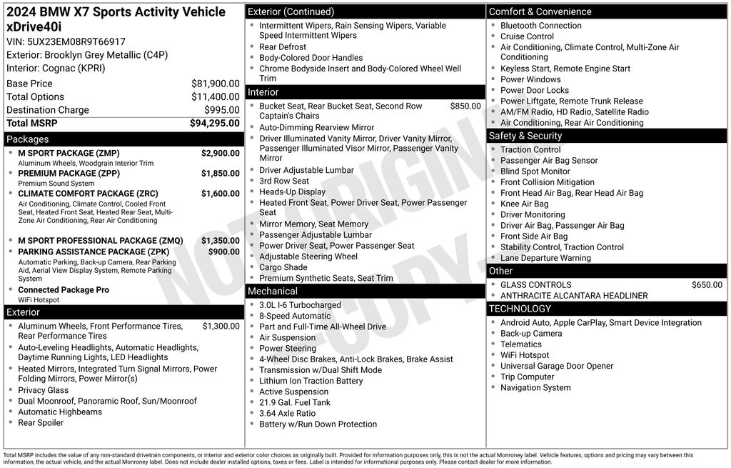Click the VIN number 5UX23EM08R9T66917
tap(75, 41)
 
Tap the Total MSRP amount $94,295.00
tap(214, 123)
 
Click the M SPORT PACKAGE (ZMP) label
tap(69, 153)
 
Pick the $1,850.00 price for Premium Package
tap(220, 174)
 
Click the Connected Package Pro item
tap(64, 290)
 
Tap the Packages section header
tap(27, 139)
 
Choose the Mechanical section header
tap(272, 291)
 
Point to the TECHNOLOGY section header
tap(520, 309)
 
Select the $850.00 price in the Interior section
tap(465, 106)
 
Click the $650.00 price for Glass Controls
tap(707, 285)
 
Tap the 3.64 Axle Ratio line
tap(287, 413)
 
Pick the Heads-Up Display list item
tap(292, 191)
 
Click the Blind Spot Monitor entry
tap(535, 171)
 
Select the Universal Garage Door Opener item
tap(557, 366)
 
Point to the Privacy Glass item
tap(43, 390)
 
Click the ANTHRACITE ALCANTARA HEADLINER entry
tap(564, 296)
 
